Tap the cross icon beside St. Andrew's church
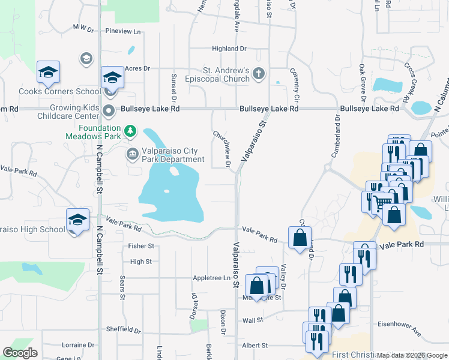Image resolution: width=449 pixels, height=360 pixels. (x=259, y=74)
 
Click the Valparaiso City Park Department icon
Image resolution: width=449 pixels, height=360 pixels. (x=131, y=154)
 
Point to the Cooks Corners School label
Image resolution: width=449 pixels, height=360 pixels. (x=59, y=92)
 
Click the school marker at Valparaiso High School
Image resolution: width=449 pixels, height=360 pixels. (x=78, y=220)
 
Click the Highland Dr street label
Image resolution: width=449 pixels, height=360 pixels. (x=229, y=49)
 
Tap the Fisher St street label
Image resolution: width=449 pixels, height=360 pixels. (x=142, y=246)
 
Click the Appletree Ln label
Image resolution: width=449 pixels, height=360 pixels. (x=211, y=278)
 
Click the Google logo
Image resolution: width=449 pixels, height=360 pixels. (x=20, y=353)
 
